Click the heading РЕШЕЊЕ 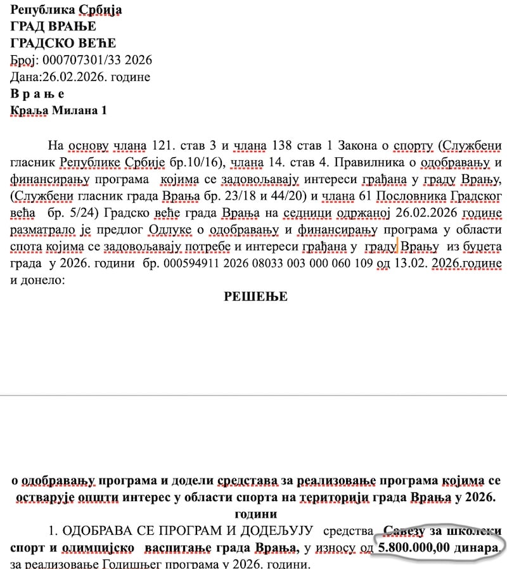click(x=255, y=297)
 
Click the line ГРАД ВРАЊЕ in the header click(x=53, y=27)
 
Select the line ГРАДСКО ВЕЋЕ click(x=63, y=43)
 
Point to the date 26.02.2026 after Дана click(x=75, y=77)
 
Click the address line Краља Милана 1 click(x=59, y=111)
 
